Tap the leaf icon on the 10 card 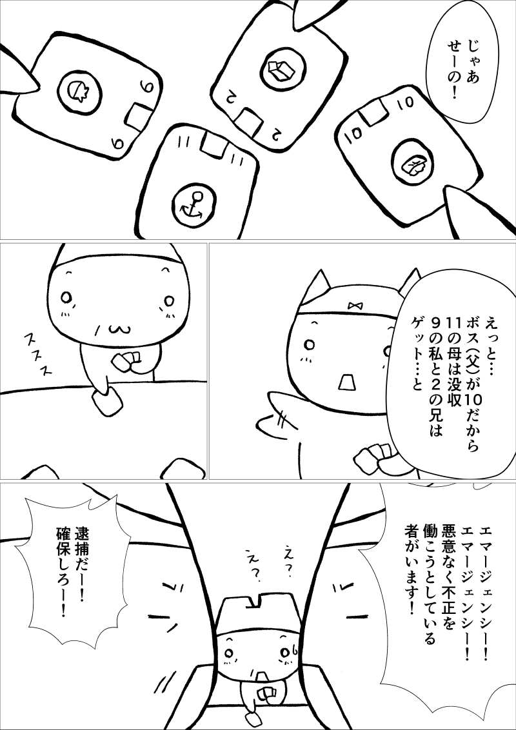(412, 165)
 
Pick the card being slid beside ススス (106, 402)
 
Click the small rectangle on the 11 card (215, 143)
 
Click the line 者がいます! (412, 571)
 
